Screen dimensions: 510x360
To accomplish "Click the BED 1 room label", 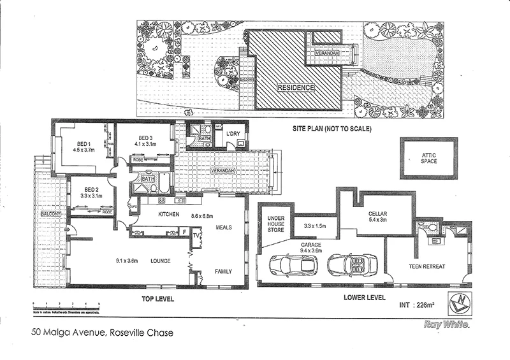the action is [82, 143].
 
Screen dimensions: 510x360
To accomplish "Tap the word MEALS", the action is [224, 227].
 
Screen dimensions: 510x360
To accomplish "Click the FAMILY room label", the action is [223, 271].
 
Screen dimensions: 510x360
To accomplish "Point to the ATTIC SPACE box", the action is [428, 157].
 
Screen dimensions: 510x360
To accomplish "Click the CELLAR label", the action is [379, 215].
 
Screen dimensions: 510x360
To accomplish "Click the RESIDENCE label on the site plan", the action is [295, 87].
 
